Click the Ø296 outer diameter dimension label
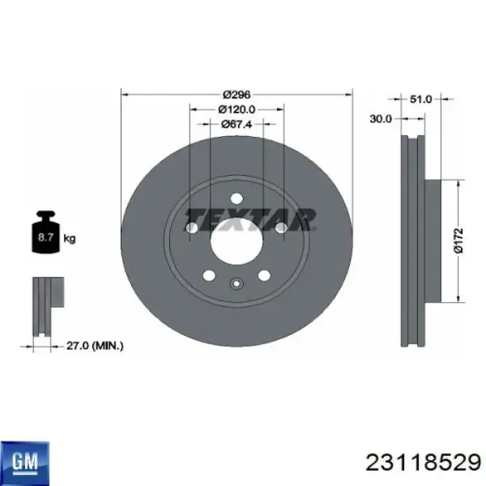click(x=237, y=94)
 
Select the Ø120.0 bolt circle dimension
click(x=237, y=109)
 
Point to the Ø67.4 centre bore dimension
click(x=237, y=124)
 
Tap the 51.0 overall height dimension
click(x=420, y=99)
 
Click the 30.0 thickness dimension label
click(x=381, y=119)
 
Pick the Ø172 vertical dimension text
click(x=459, y=241)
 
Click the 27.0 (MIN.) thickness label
click(x=95, y=346)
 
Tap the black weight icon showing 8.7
click(x=45, y=232)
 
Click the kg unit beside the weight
click(x=70, y=239)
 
